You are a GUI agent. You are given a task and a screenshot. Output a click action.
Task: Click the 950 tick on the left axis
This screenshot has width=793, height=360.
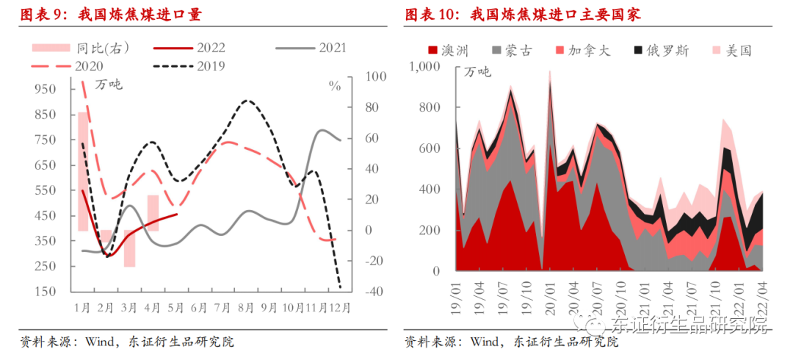[x=46, y=89]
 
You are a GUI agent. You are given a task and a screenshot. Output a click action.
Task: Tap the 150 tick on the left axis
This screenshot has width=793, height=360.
[x=46, y=292]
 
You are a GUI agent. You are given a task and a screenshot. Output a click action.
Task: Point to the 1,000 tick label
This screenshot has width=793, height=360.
[x=424, y=67]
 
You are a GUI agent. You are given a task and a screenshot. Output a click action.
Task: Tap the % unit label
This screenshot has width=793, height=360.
[x=335, y=86]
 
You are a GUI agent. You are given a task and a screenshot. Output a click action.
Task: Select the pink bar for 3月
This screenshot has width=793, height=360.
[x=129, y=248]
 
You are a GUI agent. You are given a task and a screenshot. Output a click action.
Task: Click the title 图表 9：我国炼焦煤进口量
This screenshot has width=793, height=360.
[x=111, y=15]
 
